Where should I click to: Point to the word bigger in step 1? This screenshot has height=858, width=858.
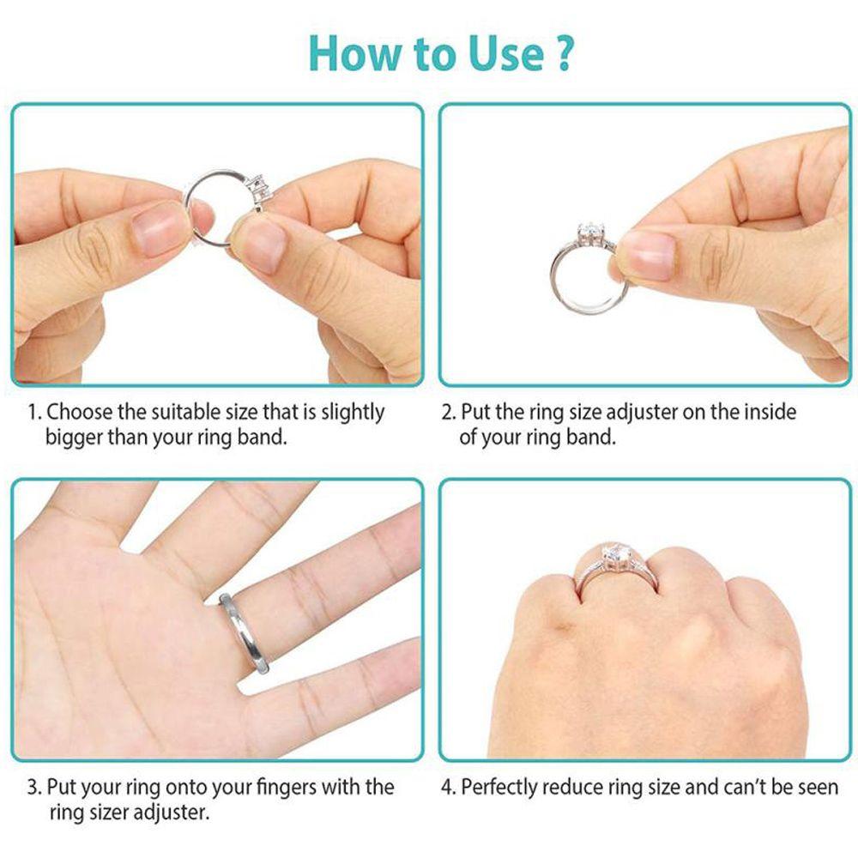(x=73, y=437)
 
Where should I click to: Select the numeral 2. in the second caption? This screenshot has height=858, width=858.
(x=449, y=413)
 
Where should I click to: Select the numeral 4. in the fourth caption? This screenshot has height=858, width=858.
(x=449, y=787)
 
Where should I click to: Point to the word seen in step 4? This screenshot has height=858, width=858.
(x=818, y=787)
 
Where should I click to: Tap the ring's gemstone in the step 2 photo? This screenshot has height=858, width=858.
(x=589, y=232)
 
